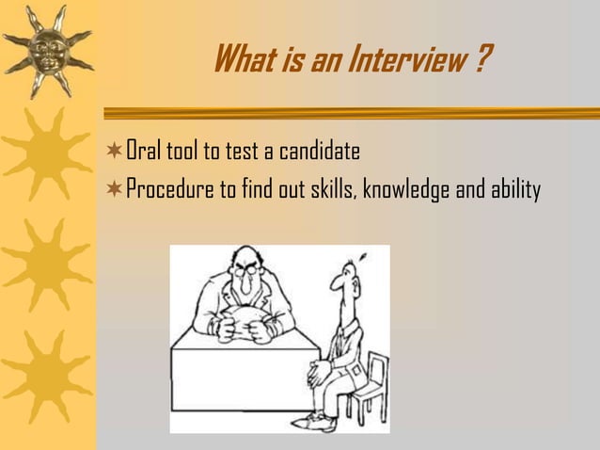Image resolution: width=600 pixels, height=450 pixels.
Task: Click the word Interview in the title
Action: [401, 63]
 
